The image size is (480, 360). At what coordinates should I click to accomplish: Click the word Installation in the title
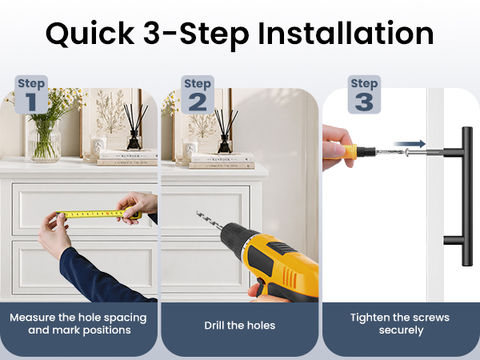346,33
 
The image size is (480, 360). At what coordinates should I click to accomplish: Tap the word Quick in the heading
90,34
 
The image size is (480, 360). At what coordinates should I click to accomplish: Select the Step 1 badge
31,94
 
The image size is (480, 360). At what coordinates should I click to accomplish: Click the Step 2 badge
198,94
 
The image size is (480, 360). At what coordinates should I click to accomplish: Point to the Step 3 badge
364,94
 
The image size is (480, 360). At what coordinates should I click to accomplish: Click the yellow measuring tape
98,214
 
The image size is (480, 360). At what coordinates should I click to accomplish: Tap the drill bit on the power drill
210,221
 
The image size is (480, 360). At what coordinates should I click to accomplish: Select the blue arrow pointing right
410,143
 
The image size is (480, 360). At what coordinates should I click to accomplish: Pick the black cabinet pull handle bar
467,196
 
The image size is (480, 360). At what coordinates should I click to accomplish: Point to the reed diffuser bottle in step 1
134,139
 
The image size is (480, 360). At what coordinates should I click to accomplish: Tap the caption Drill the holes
240,326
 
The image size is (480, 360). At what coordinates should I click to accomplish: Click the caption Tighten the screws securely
400,324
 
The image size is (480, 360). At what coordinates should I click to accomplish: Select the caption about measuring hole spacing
78,324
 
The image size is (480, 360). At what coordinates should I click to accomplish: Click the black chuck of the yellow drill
237,239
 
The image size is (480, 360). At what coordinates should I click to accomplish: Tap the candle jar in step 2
190,150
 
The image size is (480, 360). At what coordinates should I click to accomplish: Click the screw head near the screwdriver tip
407,152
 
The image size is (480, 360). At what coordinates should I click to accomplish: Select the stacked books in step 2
222,161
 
